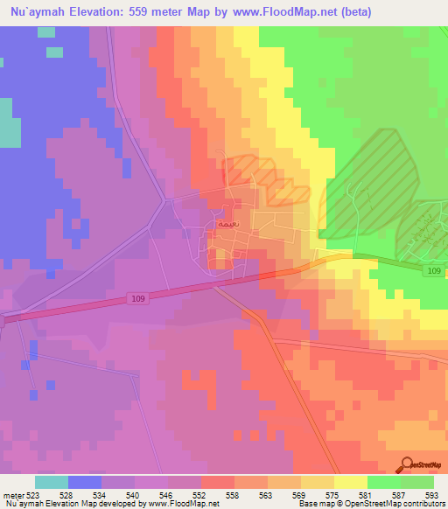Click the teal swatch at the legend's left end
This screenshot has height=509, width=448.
pyautogui.click(x=52, y=482)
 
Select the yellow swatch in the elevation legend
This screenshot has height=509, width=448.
pyautogui.click(x=350, y=482)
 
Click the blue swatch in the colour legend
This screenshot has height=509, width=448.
pyautogui.click(x=85, y=482)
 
